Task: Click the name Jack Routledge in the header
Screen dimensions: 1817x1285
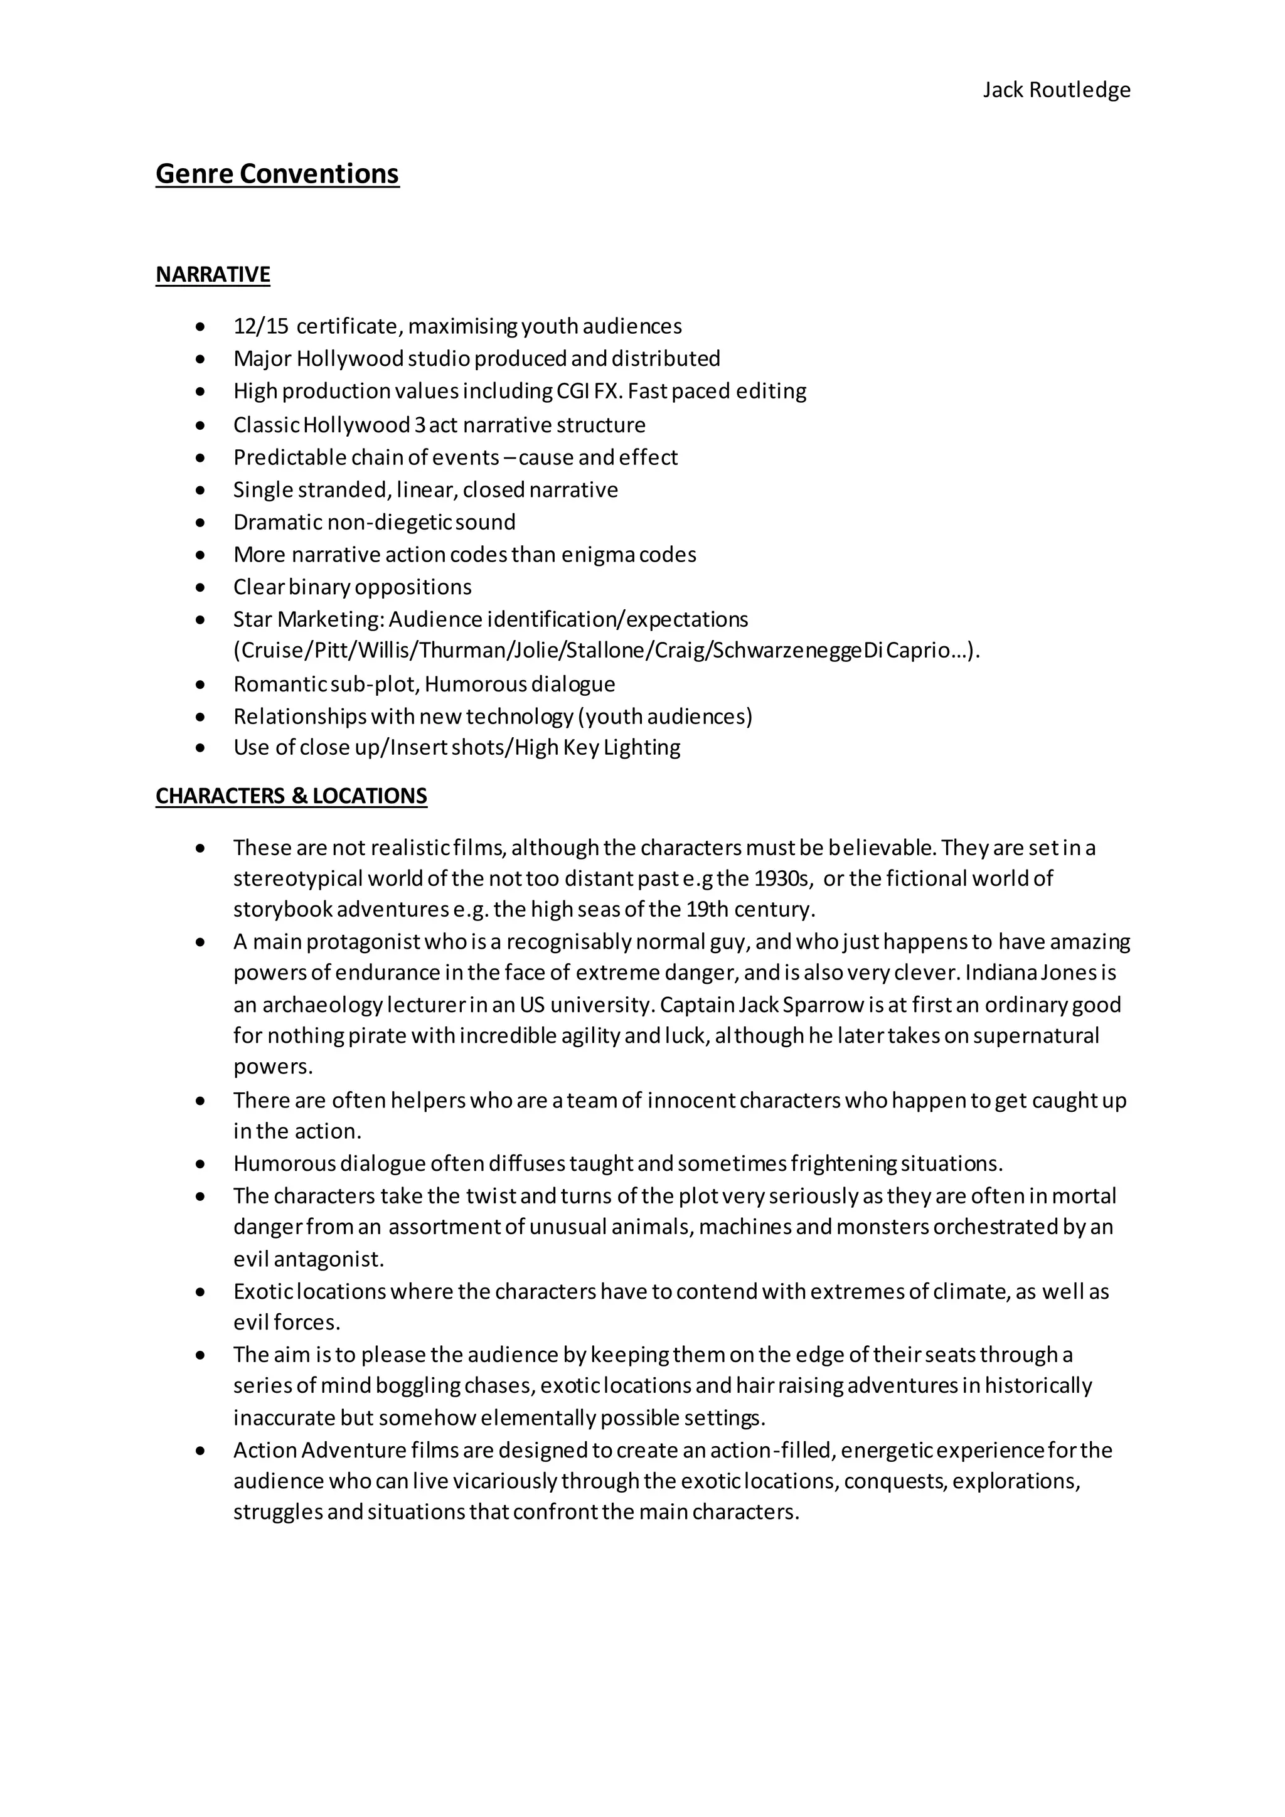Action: pos(1057,90)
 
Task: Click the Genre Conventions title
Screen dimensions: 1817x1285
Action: pos(277,173)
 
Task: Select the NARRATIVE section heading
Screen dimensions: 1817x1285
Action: pos(213,275)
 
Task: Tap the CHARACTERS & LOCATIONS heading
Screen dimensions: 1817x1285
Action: pos(291,796)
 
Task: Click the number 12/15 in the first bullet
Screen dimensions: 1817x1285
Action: pos(261,326)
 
